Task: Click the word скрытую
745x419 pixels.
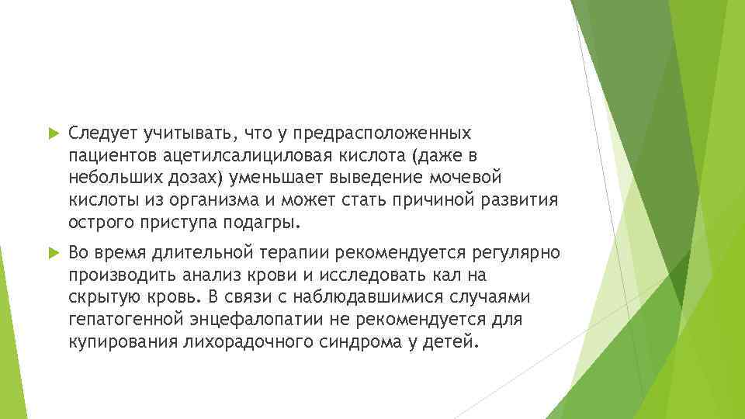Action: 100,297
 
